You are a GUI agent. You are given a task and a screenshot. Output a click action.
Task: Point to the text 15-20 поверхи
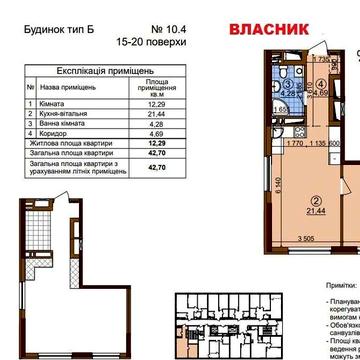pos(158,45)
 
